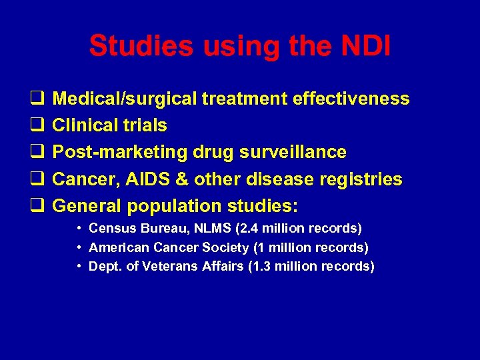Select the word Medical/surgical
pos(125,99)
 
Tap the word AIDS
pos(141,179)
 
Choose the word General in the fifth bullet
pos(83,206)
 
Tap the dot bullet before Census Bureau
pos(79,229)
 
